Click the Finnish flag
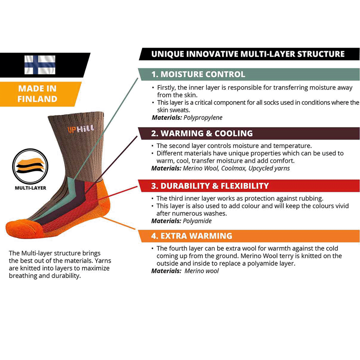(40, 65)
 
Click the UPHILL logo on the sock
(81, 129)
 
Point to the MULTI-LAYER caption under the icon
(31, 188)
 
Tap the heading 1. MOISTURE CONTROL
(198, 75)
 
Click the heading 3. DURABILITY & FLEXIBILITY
(210, 186)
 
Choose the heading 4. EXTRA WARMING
(192, 236)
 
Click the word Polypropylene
(203, 118)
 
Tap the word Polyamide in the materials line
(197, 221)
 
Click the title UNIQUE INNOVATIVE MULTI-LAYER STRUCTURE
(247, 54)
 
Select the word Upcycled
(261, 168)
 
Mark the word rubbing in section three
(311, 198)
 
